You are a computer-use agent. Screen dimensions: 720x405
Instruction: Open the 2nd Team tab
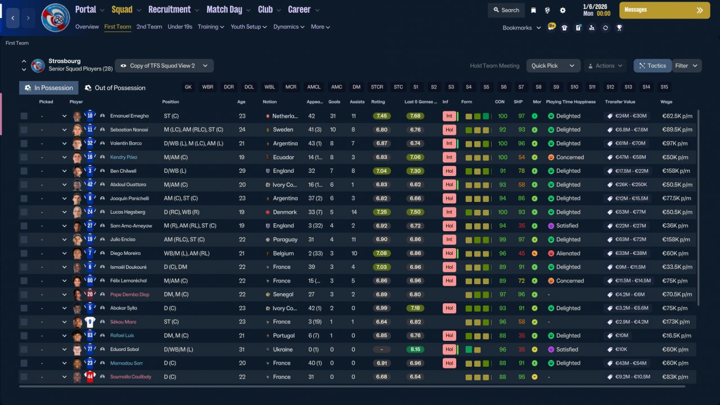pos(149,26)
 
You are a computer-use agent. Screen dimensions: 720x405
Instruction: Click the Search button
pos(506,10)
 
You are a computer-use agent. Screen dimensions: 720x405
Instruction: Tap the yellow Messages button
pos(664,10)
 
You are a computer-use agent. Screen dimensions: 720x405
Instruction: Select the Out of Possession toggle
pos(115,88)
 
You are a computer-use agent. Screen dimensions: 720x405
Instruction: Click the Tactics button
pos(652,66)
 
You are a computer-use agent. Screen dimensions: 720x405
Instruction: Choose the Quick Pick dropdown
pos(553,66)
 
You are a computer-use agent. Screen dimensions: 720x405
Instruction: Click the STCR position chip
pos(377,87)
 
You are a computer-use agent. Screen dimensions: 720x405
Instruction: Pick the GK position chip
pos(188,87)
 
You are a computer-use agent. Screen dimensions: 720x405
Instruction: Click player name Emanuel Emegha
pos(129,116)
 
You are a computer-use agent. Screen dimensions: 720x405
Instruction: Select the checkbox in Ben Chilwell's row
pos(24,171)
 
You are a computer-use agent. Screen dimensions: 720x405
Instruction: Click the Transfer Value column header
pos(620,102)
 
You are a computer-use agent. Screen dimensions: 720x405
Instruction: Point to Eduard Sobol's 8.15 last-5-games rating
pos(415,349)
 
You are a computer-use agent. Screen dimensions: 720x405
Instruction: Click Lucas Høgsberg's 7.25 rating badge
pos(381,212)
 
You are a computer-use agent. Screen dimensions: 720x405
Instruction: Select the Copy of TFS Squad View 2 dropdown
pos(164,66)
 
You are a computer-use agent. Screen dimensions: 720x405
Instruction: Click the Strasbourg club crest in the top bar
pos(55,17)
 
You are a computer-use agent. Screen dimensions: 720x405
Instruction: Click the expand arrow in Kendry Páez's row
pos(64,157)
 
